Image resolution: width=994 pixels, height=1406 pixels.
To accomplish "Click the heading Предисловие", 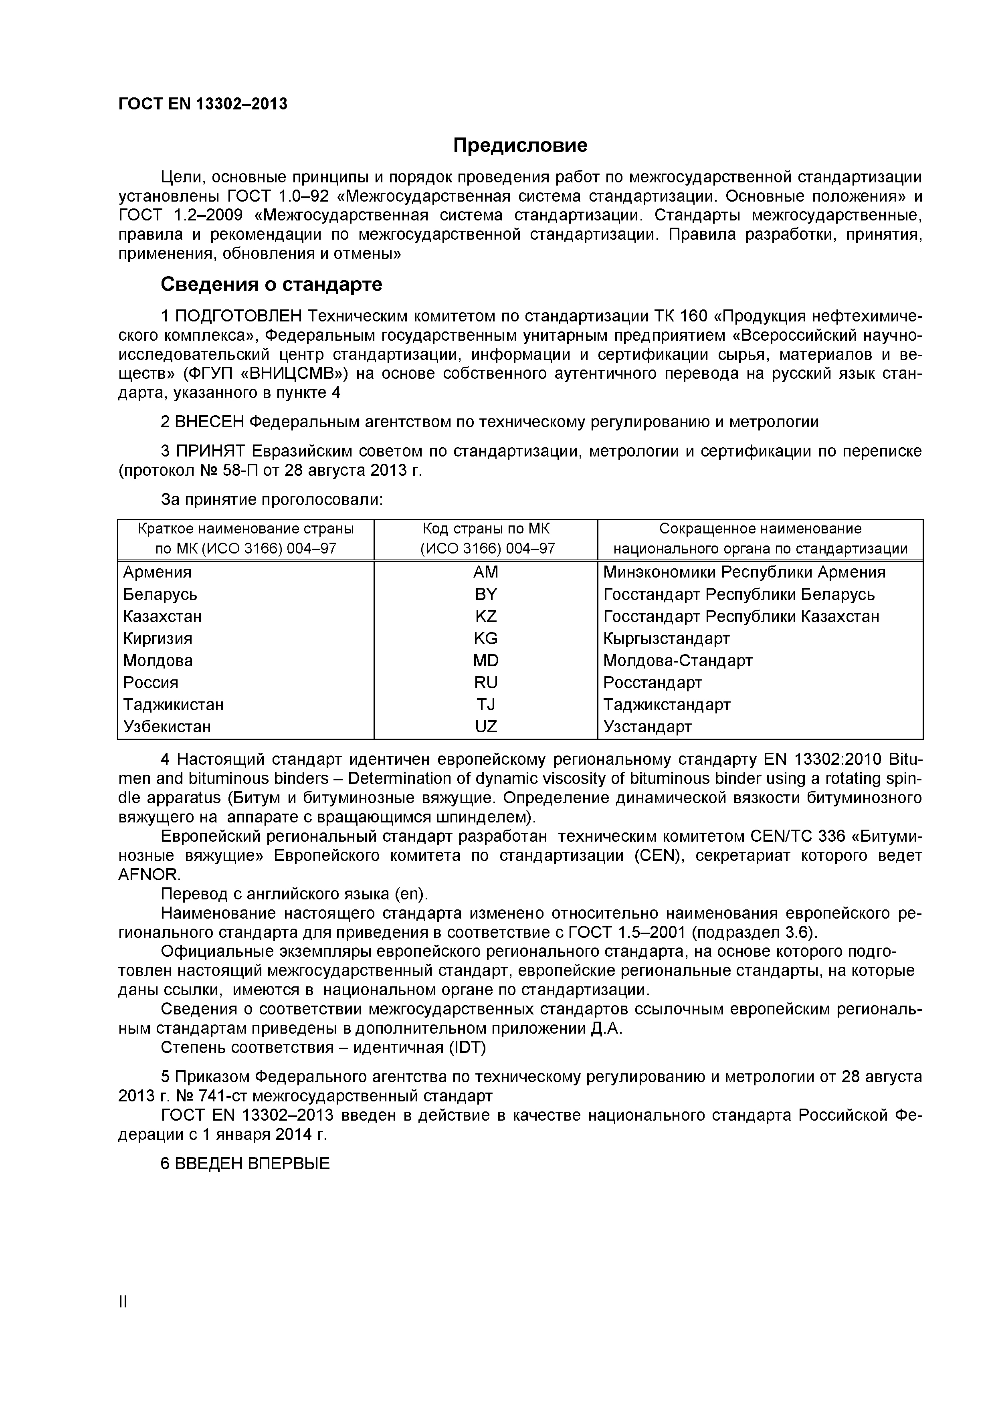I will [x=520, y=145].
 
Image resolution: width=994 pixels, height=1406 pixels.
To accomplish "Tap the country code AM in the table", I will [x=486, y=572].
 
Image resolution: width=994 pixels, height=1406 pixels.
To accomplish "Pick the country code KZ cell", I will [x=486, y=616].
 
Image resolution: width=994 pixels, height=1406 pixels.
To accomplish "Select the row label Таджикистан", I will [x=173, y=705].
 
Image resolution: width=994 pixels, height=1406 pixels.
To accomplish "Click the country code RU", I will [x=486, y=683].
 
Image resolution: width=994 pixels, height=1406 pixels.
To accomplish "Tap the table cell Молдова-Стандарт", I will [x=677, y=661].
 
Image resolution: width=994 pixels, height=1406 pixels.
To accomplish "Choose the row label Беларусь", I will [x=160, y=595].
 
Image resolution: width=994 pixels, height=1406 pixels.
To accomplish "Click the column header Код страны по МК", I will [x=486, y=529].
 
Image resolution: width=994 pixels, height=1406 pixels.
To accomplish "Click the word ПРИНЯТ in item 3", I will [x=210, y=451].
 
